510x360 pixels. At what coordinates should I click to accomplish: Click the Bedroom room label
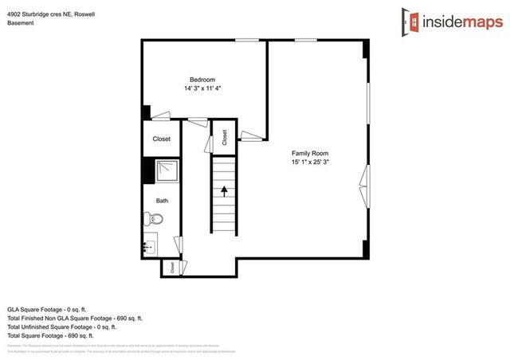(202, 79)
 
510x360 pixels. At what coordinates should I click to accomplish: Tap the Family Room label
(310, 153)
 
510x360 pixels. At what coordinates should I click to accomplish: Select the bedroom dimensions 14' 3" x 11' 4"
(202, 88)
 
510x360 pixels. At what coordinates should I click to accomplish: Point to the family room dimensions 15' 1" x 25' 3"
(310, 162)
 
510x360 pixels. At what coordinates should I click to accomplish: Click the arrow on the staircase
(225, 190)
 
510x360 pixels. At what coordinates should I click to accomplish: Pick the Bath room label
(162, 201)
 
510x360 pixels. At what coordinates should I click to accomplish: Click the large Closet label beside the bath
(162, 139)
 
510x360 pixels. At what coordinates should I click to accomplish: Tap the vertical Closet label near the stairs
(225, 137)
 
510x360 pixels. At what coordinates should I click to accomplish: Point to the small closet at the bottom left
(171, 268)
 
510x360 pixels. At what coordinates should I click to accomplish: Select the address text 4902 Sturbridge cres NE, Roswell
(53, 12)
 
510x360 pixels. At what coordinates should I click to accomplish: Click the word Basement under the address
(22, 23)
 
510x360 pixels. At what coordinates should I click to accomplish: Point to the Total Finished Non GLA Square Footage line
(75, 318)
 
